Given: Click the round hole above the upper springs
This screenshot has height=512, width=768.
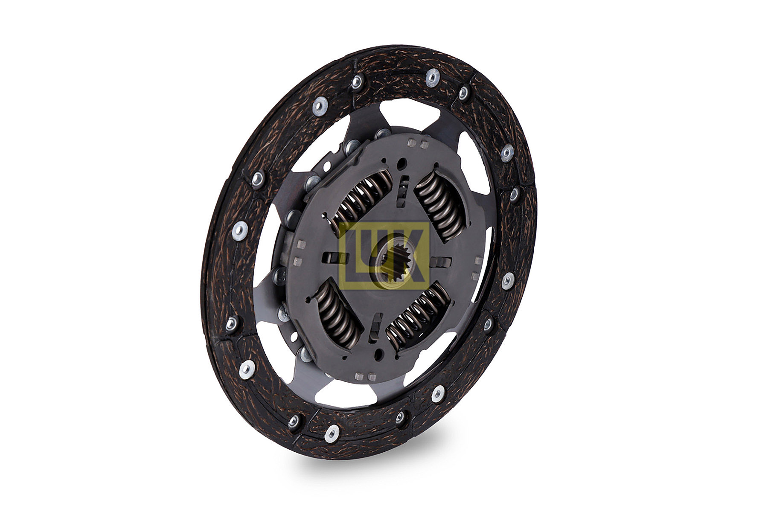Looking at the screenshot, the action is coord(401,163).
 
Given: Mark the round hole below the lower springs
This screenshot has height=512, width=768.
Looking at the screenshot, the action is coord(378,354).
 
